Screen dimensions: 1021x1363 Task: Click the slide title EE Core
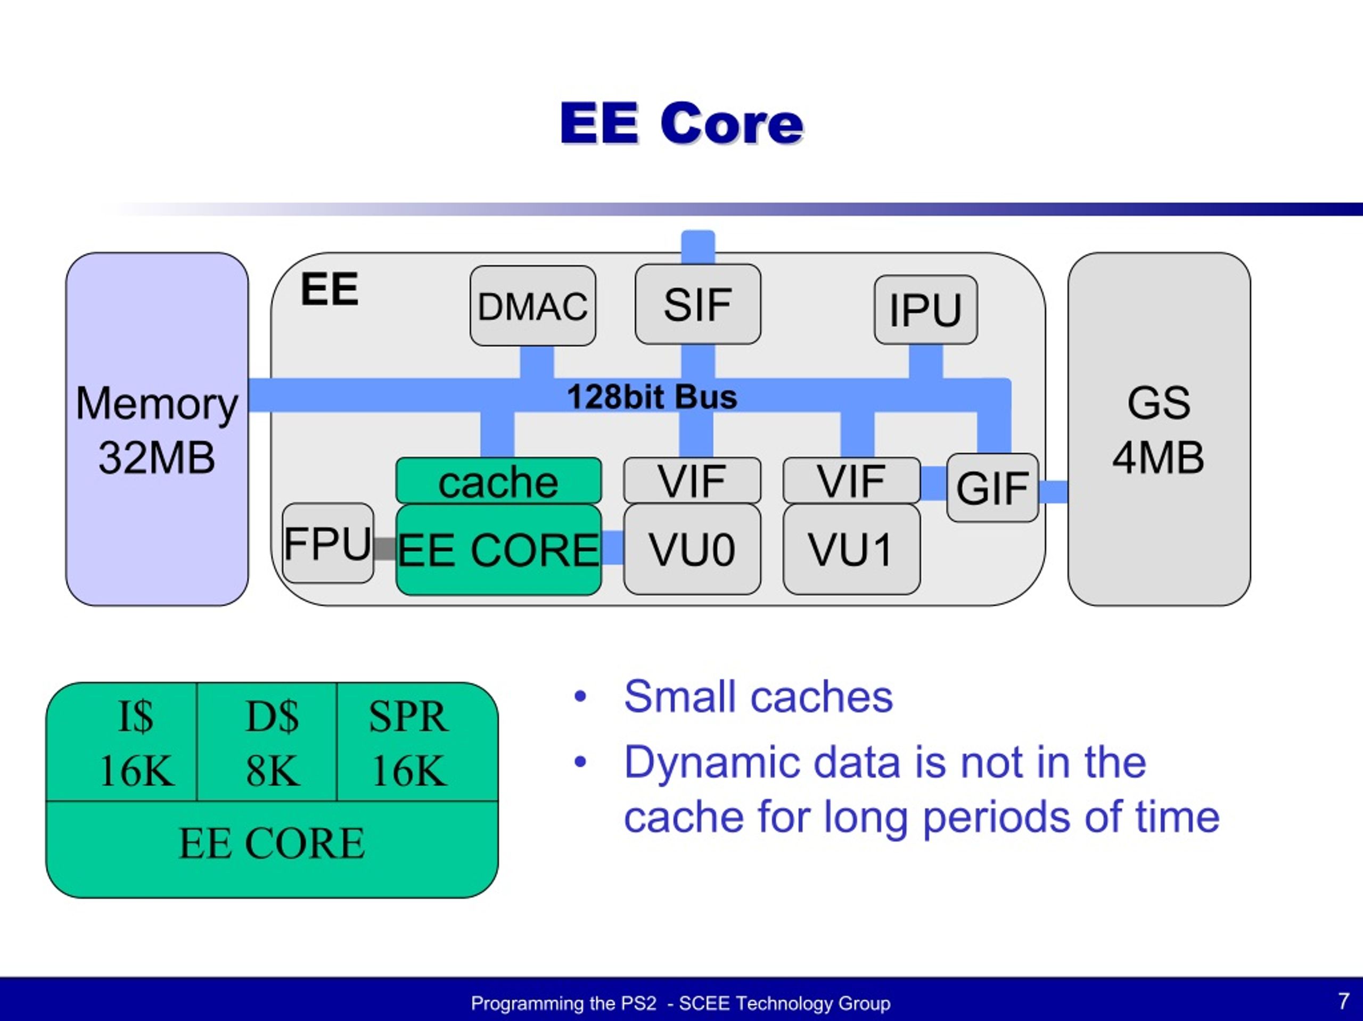pos(681,123)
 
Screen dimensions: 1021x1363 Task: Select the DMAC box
pos(532,306)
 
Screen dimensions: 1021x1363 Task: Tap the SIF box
pos(697,304)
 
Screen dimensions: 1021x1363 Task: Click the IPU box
pos(925,309)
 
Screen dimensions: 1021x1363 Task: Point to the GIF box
pos(992,488)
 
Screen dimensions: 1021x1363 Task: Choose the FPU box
pos(328,544)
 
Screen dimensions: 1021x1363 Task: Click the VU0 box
pos(692,549)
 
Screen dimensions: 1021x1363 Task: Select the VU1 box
pos(851,549)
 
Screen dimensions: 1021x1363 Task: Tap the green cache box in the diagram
pos(498,481)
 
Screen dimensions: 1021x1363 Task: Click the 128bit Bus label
pos(652,396)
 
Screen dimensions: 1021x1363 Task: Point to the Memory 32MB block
pos(157,430)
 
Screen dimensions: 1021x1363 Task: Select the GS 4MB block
pos(1159,430)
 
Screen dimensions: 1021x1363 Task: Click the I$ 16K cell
pos(136,743)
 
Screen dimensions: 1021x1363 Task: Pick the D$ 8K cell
pos(272,743)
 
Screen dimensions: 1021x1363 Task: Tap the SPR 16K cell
pos(408,743)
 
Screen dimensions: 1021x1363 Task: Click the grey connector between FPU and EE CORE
pos(384,548)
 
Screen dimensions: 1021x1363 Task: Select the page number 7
pos(1343,1001)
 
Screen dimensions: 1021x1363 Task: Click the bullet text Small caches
pos(758,697)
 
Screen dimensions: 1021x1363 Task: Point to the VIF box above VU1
pos(851,480)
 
